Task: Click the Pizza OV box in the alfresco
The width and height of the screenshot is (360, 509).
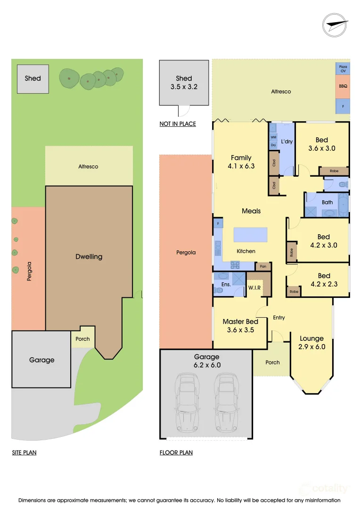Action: pos(343,69)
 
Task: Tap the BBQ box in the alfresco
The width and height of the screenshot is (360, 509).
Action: pos(343,87)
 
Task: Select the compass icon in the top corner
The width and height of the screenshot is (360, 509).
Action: pos(335,25)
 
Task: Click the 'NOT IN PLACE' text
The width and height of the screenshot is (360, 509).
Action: pos(178,124)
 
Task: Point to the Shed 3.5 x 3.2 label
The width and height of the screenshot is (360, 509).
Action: pos(184,82)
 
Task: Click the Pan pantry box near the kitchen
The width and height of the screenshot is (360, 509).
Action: pos(263,266)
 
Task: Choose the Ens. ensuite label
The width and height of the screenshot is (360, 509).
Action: pos(226,285)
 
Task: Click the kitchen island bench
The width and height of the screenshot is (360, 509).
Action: pos(250,234)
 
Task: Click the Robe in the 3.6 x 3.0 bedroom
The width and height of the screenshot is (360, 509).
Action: pos(334,171)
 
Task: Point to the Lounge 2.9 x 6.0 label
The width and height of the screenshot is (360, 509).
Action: pos(311,343)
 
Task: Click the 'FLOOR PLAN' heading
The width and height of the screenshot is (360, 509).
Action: pos(176,452)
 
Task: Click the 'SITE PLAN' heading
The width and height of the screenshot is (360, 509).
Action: pos(24,452)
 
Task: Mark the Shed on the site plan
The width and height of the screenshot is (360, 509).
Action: pos(33,78)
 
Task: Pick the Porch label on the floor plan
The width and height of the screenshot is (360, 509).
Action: pos(272,362)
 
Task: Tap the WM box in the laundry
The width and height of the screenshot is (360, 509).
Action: pos(273,137)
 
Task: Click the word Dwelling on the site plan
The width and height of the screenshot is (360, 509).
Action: pos(89,257)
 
